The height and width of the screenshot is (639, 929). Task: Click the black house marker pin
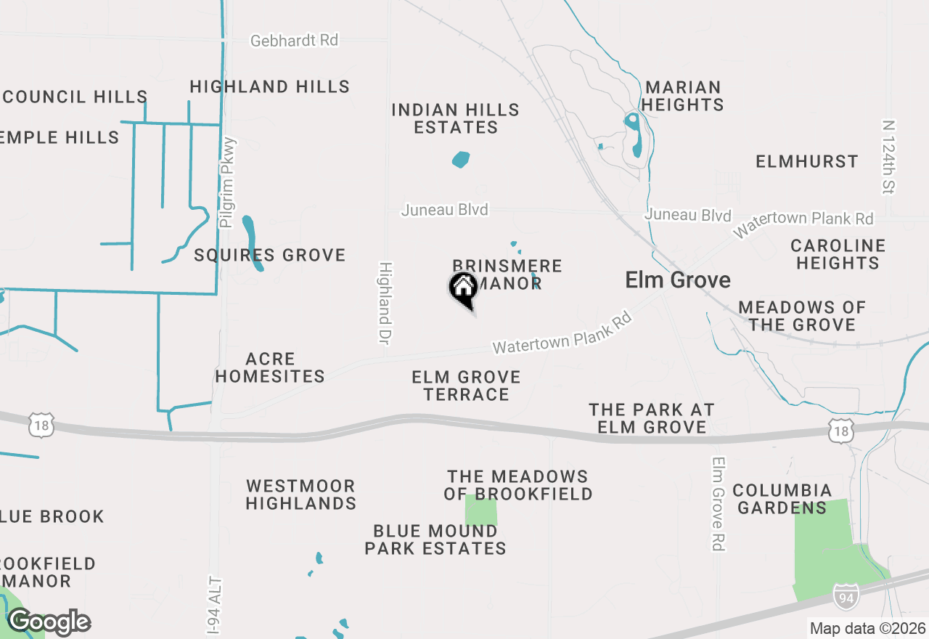coord(463,289)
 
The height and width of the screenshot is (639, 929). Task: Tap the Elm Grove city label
coord(678,280)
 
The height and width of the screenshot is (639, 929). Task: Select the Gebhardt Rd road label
coord(294,41)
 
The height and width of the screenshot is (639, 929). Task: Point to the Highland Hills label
coord(270,86)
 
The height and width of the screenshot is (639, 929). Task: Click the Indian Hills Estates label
coord(456,118)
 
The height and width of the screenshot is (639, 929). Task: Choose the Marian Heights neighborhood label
coord(682,96)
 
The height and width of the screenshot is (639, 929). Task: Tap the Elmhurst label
coord(807,161)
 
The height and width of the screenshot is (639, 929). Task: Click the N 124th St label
coord(888,157)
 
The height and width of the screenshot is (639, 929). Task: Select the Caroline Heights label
coord(838,254)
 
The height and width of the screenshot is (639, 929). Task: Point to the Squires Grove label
coord(270,255)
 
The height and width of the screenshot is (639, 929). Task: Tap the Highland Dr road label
coord(385,304)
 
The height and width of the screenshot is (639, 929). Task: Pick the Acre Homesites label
coord(270,367)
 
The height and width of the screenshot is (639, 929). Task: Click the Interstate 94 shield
coord(845,595)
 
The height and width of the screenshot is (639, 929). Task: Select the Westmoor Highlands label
coord(301,494)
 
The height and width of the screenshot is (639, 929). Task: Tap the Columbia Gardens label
coord(782,499)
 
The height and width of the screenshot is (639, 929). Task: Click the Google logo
coord(49,622)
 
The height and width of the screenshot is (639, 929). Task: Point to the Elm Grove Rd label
coord(719,503)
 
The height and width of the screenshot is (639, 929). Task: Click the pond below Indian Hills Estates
coord(461,159)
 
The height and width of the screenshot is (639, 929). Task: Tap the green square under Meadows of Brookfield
coord(481,510)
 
